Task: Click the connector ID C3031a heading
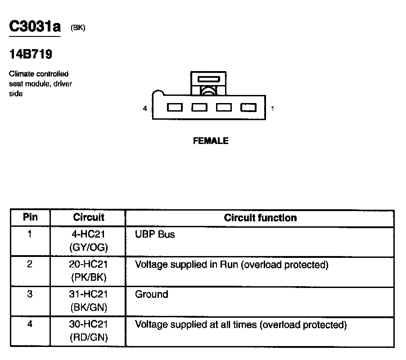tap(35, 27)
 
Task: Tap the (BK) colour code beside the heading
tap(78, 28)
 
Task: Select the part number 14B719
tap(31, 54)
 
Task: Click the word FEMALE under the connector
tap(210, 141)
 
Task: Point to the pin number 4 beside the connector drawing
tap(145, 108)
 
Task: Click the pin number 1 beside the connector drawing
tap(273, 108)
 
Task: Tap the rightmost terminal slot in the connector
tap(248, 108)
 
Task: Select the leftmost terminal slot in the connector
tap(175, 108)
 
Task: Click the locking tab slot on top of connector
tap(209, 79)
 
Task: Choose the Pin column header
tap(30, 218)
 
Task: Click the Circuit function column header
tap(260, 218)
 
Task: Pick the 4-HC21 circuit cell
tap(89, 234)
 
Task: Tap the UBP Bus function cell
tap(155, 234)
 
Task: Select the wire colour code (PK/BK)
tap(89, 277)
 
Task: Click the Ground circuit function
tap(151, 294)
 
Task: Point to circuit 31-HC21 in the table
tap(89, 294)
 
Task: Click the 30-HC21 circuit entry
tap(89, 324)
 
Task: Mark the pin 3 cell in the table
tap(30, 294)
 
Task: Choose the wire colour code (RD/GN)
tap(89, 337)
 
